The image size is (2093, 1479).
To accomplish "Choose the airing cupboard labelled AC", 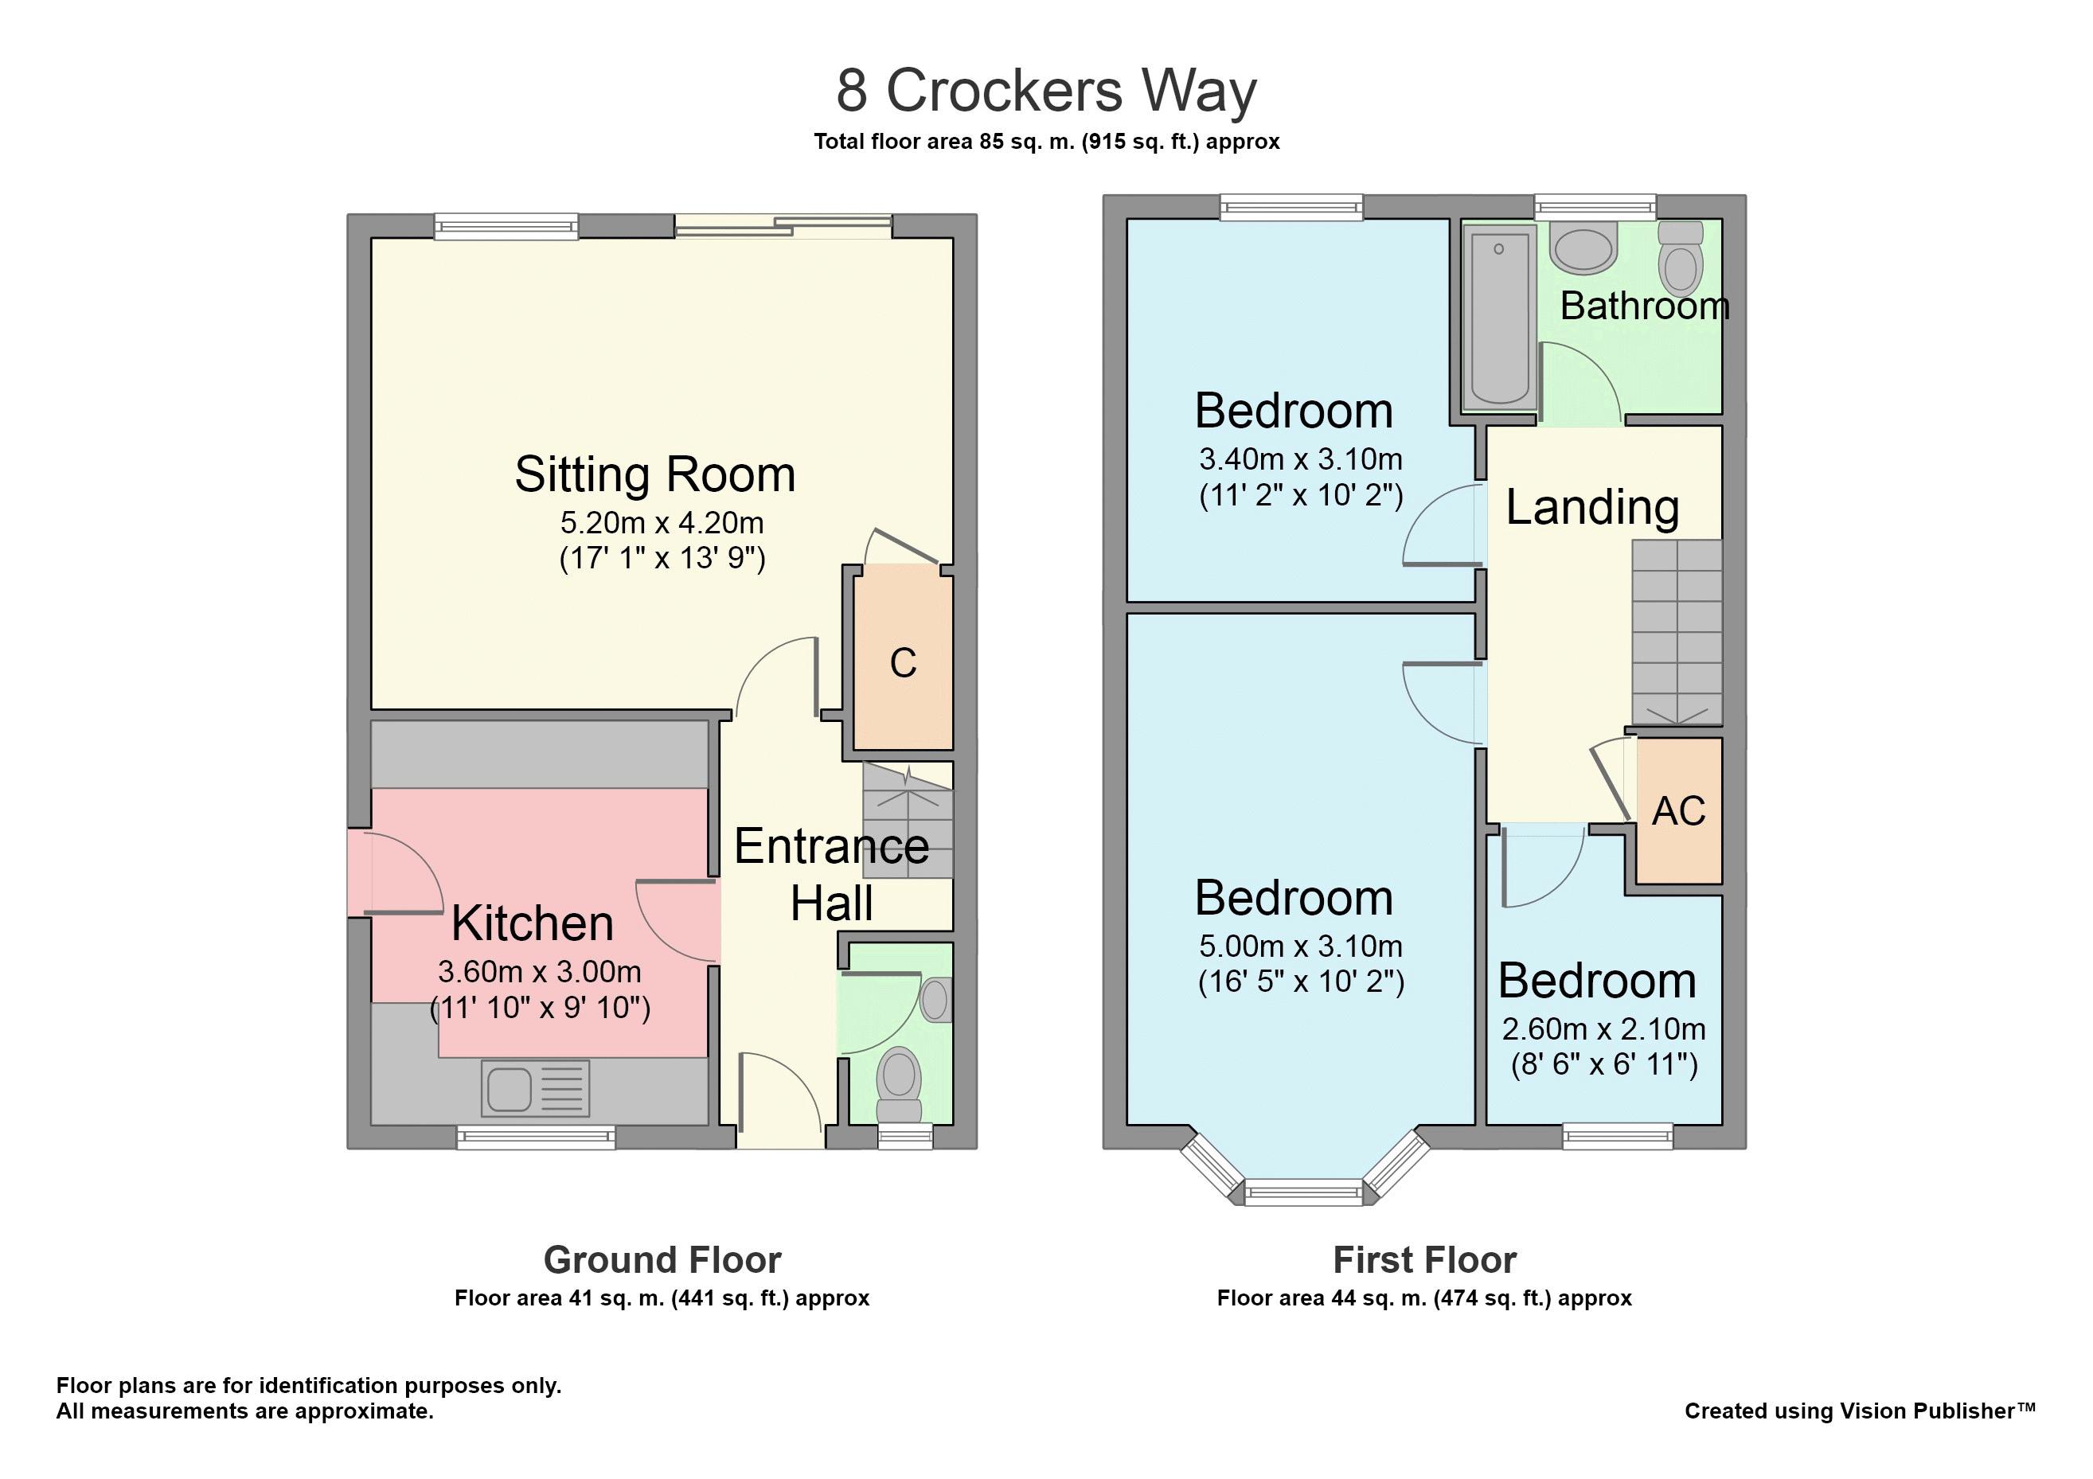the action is [x=1678, y=810].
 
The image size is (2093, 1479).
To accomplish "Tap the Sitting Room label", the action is [x=654, y=474].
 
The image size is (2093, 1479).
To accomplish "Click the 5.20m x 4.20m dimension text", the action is [x=662, y=522].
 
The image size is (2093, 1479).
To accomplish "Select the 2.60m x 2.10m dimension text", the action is [x=1603, y=1028].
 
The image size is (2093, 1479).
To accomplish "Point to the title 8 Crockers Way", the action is [x=1046, y=91].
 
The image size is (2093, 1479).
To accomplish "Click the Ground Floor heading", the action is [x=662, y=1260].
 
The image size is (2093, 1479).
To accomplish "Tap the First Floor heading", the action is [x=1425, y=1260].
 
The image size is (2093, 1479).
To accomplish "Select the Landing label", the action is [x=1591, y=507].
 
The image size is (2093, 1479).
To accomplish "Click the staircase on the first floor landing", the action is [x=1677, y=632].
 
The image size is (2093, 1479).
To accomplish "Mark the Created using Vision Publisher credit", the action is [x=1860, y=1411].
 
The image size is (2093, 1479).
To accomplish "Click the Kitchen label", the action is [x=533, y=923].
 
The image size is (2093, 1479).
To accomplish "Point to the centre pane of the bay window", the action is [x=1303, y=1192].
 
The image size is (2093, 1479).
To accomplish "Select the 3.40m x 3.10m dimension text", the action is [x=1301, y=459].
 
